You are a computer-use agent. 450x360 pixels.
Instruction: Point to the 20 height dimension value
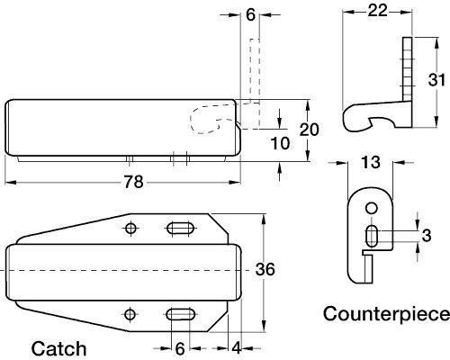click(x=307, y=129)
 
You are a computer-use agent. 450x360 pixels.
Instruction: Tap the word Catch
click(x=59, y=348)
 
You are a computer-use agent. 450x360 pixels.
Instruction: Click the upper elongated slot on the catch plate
click(x=180, y=229)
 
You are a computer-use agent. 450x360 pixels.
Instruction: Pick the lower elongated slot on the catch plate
click(x=180, y=313)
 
